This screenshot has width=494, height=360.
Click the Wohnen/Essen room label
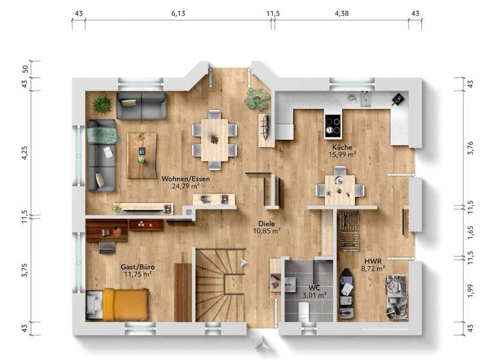click(x=180, y=178)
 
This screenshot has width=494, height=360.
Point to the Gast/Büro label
click(x=137, y=266)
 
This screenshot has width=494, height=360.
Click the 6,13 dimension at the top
click(x=178, y=13)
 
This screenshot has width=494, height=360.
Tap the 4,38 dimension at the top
click(x=342, y=13)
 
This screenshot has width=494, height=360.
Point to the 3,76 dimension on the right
click(x=470, y=147)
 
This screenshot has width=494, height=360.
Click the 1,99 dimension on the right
click(x=470, y=291)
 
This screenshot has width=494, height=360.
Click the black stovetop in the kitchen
click(x=333, y=126)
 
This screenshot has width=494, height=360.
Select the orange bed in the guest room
click(x=126, y=303)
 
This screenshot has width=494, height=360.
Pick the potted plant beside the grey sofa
click(x=102, y=104)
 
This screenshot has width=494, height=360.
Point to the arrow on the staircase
click(x=242, y=262)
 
